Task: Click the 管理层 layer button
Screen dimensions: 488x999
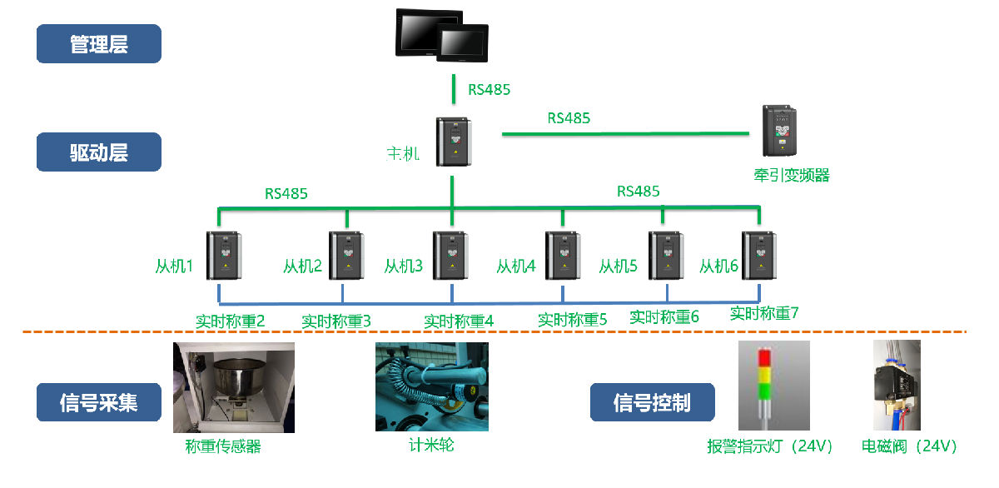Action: (98, 44)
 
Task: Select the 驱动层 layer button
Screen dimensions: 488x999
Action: (98, 152)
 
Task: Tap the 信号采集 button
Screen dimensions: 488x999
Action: (98, 402)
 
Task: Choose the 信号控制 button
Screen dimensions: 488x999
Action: (652, 402)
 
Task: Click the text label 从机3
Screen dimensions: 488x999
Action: (404, 266)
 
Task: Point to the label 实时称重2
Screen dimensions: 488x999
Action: (231, 321)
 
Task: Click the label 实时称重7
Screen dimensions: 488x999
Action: (764, 314)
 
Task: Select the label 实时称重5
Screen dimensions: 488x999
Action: (573, 319)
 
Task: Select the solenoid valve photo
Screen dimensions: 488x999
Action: (897, 386)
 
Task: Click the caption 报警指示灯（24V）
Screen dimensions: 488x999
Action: (770, 446)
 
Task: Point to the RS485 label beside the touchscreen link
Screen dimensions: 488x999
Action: (489, 90)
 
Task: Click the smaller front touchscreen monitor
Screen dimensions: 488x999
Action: (462, 50)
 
